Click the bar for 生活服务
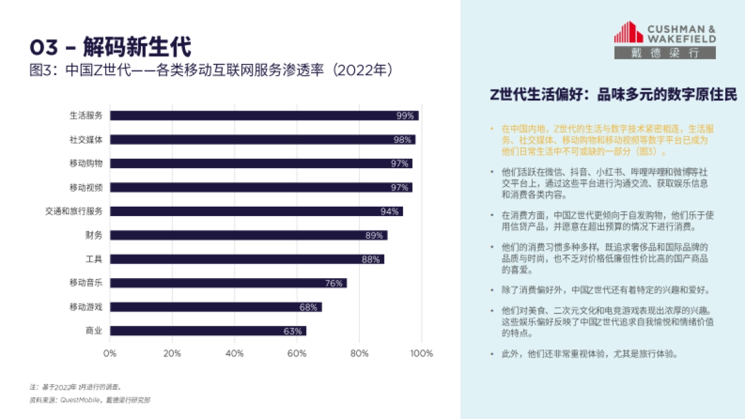pos(264,115)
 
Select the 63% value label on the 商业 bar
pos(292,331)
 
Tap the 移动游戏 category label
pos(86,307)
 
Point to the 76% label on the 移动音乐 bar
pos(333,284)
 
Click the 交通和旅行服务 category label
pos(73,211)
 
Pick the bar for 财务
pos(248,235)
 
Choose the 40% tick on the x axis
pos(235,354)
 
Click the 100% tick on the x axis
pos(422,354)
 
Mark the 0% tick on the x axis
pos(110,354)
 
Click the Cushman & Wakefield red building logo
pos(628,32)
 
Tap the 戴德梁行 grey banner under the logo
pos(665,53)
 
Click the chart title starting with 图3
pos(211,69)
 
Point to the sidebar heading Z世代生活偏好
pos(613,94)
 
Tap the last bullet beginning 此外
pos(590,354)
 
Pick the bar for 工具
pos(247,259)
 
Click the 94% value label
pos(389,212)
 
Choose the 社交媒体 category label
pos(86,140)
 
